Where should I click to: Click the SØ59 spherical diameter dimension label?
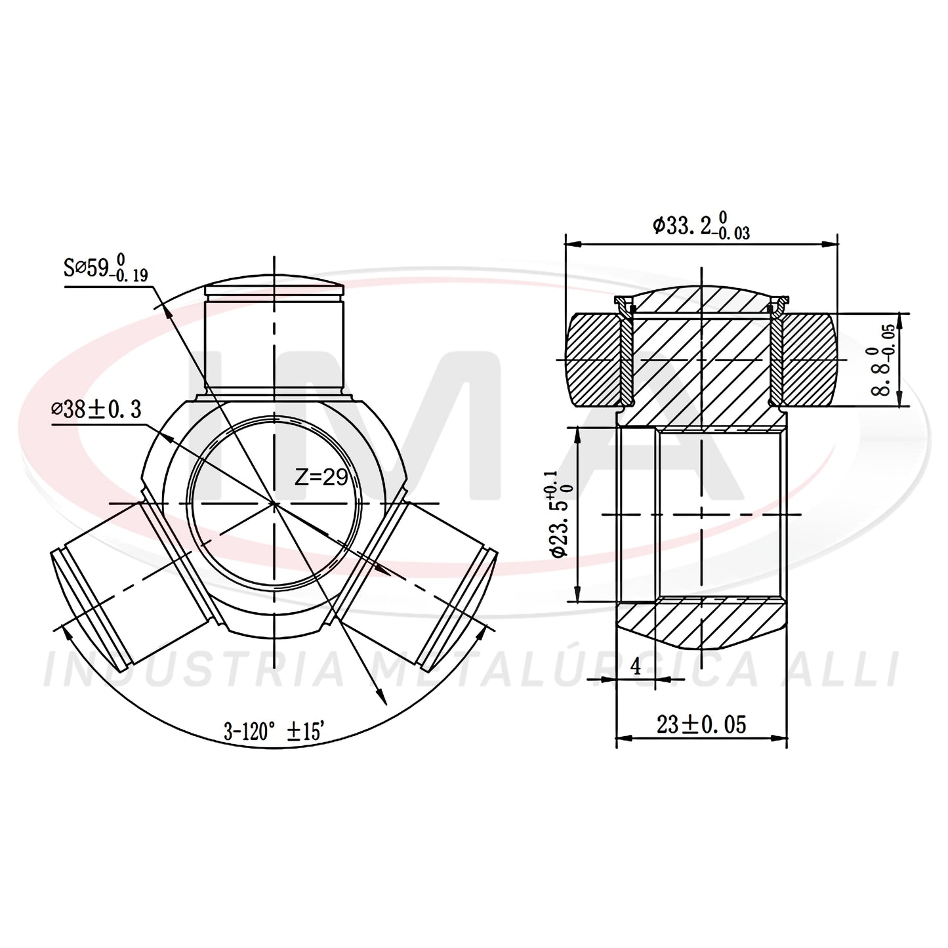coord(106,268)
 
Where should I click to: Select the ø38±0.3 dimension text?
coord(96,409)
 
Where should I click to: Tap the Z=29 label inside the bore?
coord(321,477)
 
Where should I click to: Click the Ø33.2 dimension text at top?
coord(701,225)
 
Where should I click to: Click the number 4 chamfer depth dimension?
coord(636,667)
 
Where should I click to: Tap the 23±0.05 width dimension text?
coord(701,725)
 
